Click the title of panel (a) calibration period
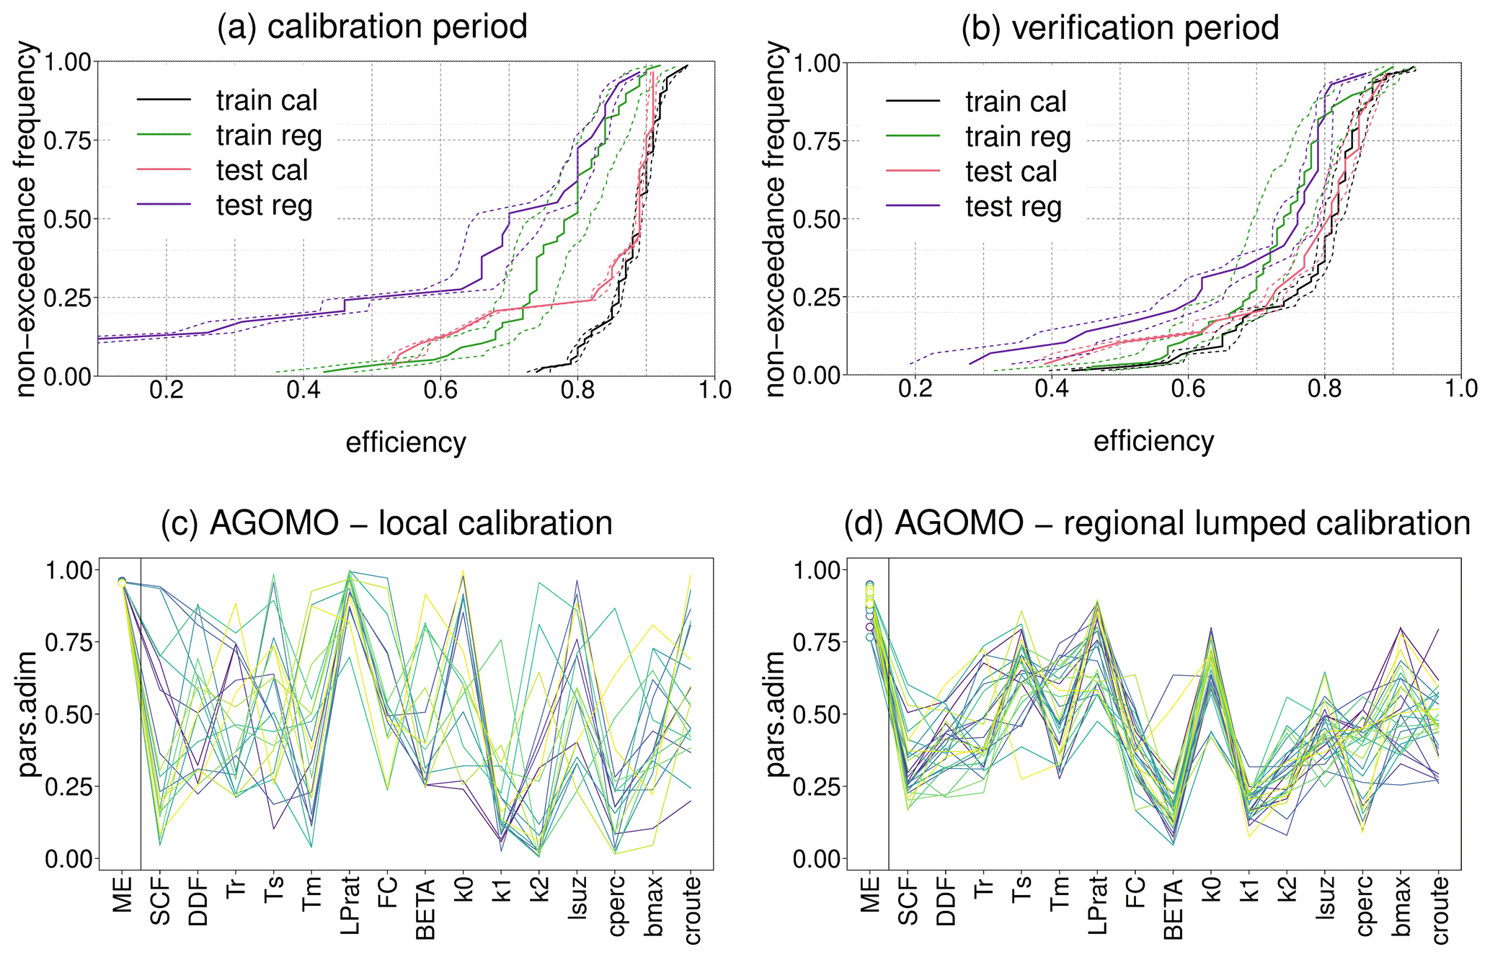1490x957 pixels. pos(372,27)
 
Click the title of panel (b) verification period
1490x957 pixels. pos(1119,29)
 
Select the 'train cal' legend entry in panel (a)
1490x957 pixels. pos(266,101)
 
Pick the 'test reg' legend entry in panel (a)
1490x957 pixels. pos(264,205)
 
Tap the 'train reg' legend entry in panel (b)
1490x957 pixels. pos(1018,137)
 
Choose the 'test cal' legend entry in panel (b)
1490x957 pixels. pos(1011,172)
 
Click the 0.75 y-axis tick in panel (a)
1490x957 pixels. pos(68,141)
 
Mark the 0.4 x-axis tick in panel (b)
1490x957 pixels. pos(1052,390)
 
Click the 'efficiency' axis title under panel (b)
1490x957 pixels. pos(1153,442)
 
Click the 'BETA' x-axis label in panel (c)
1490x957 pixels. pos(426,909)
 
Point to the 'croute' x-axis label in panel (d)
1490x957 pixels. pos(1439,910)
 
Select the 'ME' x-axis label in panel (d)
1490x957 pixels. pos(870,894)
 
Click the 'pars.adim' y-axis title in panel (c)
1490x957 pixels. pos(28,713)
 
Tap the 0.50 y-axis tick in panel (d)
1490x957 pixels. pos(815,715)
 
